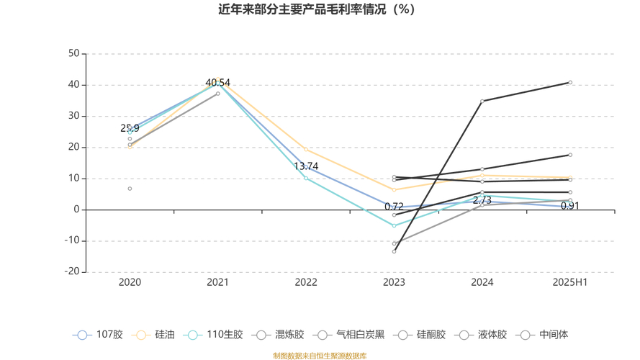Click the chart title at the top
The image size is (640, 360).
(x=320, y=9)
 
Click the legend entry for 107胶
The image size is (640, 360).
(x=98, y=335)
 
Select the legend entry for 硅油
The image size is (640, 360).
(x=155, y=335)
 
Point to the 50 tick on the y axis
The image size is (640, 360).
(x=73, y=53)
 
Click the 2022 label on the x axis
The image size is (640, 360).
(x=306, y=282)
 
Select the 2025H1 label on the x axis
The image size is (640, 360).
(x=570, y=282)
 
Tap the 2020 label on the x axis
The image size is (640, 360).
(x=130, y=282)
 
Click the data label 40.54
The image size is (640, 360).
(x=217, y=83)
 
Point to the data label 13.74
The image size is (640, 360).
(x=306, y=166)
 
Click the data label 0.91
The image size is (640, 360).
(x=570, y=206)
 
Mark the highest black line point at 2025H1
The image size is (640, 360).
(x=570, y=83)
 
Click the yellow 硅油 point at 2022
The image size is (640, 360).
(x=306, y=150)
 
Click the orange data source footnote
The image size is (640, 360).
(x=320, y=356)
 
